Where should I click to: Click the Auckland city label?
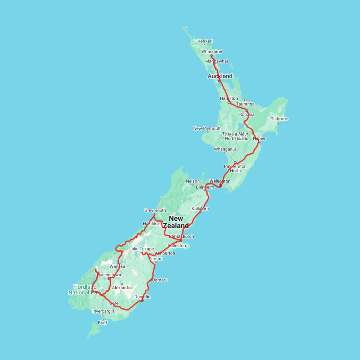(220, 76)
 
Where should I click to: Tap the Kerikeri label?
(205, 41)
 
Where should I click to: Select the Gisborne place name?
(279, 119)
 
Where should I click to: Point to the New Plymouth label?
(207, 128)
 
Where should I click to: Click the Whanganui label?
(225, 149)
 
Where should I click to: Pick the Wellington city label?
(220, 181)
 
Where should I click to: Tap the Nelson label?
(193, 181)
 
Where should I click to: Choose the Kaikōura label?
(200, 209)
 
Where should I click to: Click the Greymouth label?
(155, 210)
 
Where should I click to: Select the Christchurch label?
(181, 236)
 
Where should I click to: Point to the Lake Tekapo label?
(141, 249)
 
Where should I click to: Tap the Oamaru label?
(160, 280)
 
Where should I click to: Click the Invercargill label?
(103, 311)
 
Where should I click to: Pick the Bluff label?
(103, 323)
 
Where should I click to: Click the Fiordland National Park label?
(84, 290)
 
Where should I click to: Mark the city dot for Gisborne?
(279, 122)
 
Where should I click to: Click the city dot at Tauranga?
(245, 100)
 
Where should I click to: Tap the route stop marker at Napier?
(259, 142)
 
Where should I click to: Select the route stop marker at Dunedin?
(142, 300)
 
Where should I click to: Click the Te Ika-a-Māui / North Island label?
(235, 136)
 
